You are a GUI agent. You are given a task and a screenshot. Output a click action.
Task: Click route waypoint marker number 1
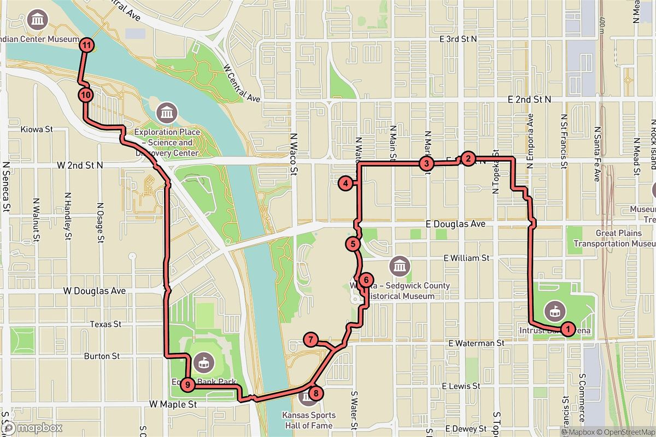pos(568,329)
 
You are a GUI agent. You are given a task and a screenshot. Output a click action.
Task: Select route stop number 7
pos(311,340)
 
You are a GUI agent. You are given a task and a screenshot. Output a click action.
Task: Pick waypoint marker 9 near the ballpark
pos(188,385)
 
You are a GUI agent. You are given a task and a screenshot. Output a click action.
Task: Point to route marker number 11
pos(86,45)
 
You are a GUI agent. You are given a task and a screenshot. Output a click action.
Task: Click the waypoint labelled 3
pos(426,163)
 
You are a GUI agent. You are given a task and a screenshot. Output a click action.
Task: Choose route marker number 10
pos(85,95)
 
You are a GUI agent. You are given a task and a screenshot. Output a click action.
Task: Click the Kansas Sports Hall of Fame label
pos(309,420)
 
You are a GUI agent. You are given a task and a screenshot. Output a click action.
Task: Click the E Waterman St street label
pos(476,344)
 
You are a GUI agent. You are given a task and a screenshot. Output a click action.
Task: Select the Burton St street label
pos(101,356)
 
